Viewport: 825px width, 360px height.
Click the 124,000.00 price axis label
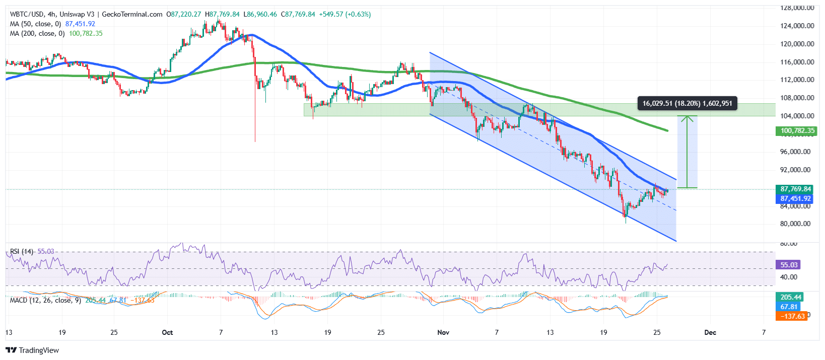click(x=797, y=26)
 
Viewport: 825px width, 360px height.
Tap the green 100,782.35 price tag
click(x=796, y=131)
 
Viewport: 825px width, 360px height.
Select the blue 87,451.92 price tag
click(x=795, y=198)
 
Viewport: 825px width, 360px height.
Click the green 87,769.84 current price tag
click(x=795, y=189)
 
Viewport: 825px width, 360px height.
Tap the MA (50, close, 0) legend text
click(x=35, y=24)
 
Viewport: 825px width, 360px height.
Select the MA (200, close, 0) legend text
click(x=37, y=33)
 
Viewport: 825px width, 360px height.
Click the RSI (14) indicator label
click(x=22, y=251)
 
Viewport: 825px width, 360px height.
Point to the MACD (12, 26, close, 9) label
click(x=45, y=300)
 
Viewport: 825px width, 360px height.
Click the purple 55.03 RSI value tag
click(x=789, y=265)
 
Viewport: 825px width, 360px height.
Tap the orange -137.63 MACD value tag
click(x=791, y=316)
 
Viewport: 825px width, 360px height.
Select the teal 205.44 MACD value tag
click(x=790, y=297)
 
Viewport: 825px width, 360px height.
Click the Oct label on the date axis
click(x=167, y=332)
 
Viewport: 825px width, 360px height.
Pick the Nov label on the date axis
click(x=443, y=332)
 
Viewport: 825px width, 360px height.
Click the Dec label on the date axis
click(x=710, y=332)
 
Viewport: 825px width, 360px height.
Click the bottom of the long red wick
click(x=255, y=141)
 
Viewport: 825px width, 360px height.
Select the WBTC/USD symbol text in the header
click(x=27, y=14)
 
